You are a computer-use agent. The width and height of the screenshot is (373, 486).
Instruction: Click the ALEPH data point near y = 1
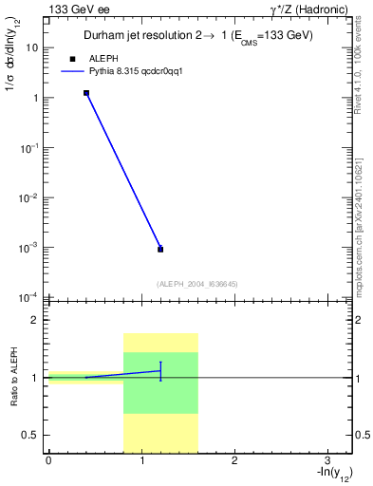(86, 93)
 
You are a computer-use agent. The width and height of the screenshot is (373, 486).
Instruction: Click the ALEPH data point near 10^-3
(160, 249)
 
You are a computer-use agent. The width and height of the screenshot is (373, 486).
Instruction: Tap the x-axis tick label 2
(234, 459)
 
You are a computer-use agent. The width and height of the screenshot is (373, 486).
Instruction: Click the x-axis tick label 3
(326, 459)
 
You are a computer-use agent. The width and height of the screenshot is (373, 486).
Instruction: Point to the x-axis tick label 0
(48, 459)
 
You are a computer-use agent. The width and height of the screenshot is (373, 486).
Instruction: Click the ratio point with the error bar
(160, 371)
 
